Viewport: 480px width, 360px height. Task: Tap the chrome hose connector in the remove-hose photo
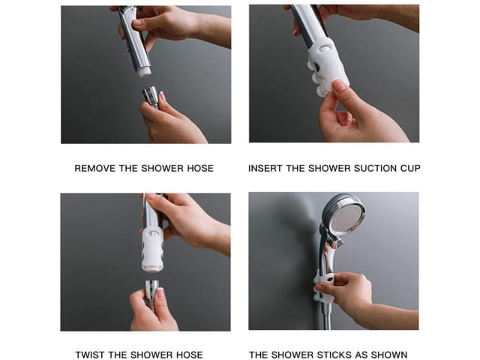point(151,97)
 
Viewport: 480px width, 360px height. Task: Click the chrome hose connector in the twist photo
point(151,291)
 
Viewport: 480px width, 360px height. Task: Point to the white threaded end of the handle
point(144,72)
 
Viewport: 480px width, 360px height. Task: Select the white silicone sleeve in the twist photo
point(152,250)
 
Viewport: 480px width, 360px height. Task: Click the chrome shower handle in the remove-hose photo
point(135,40)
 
